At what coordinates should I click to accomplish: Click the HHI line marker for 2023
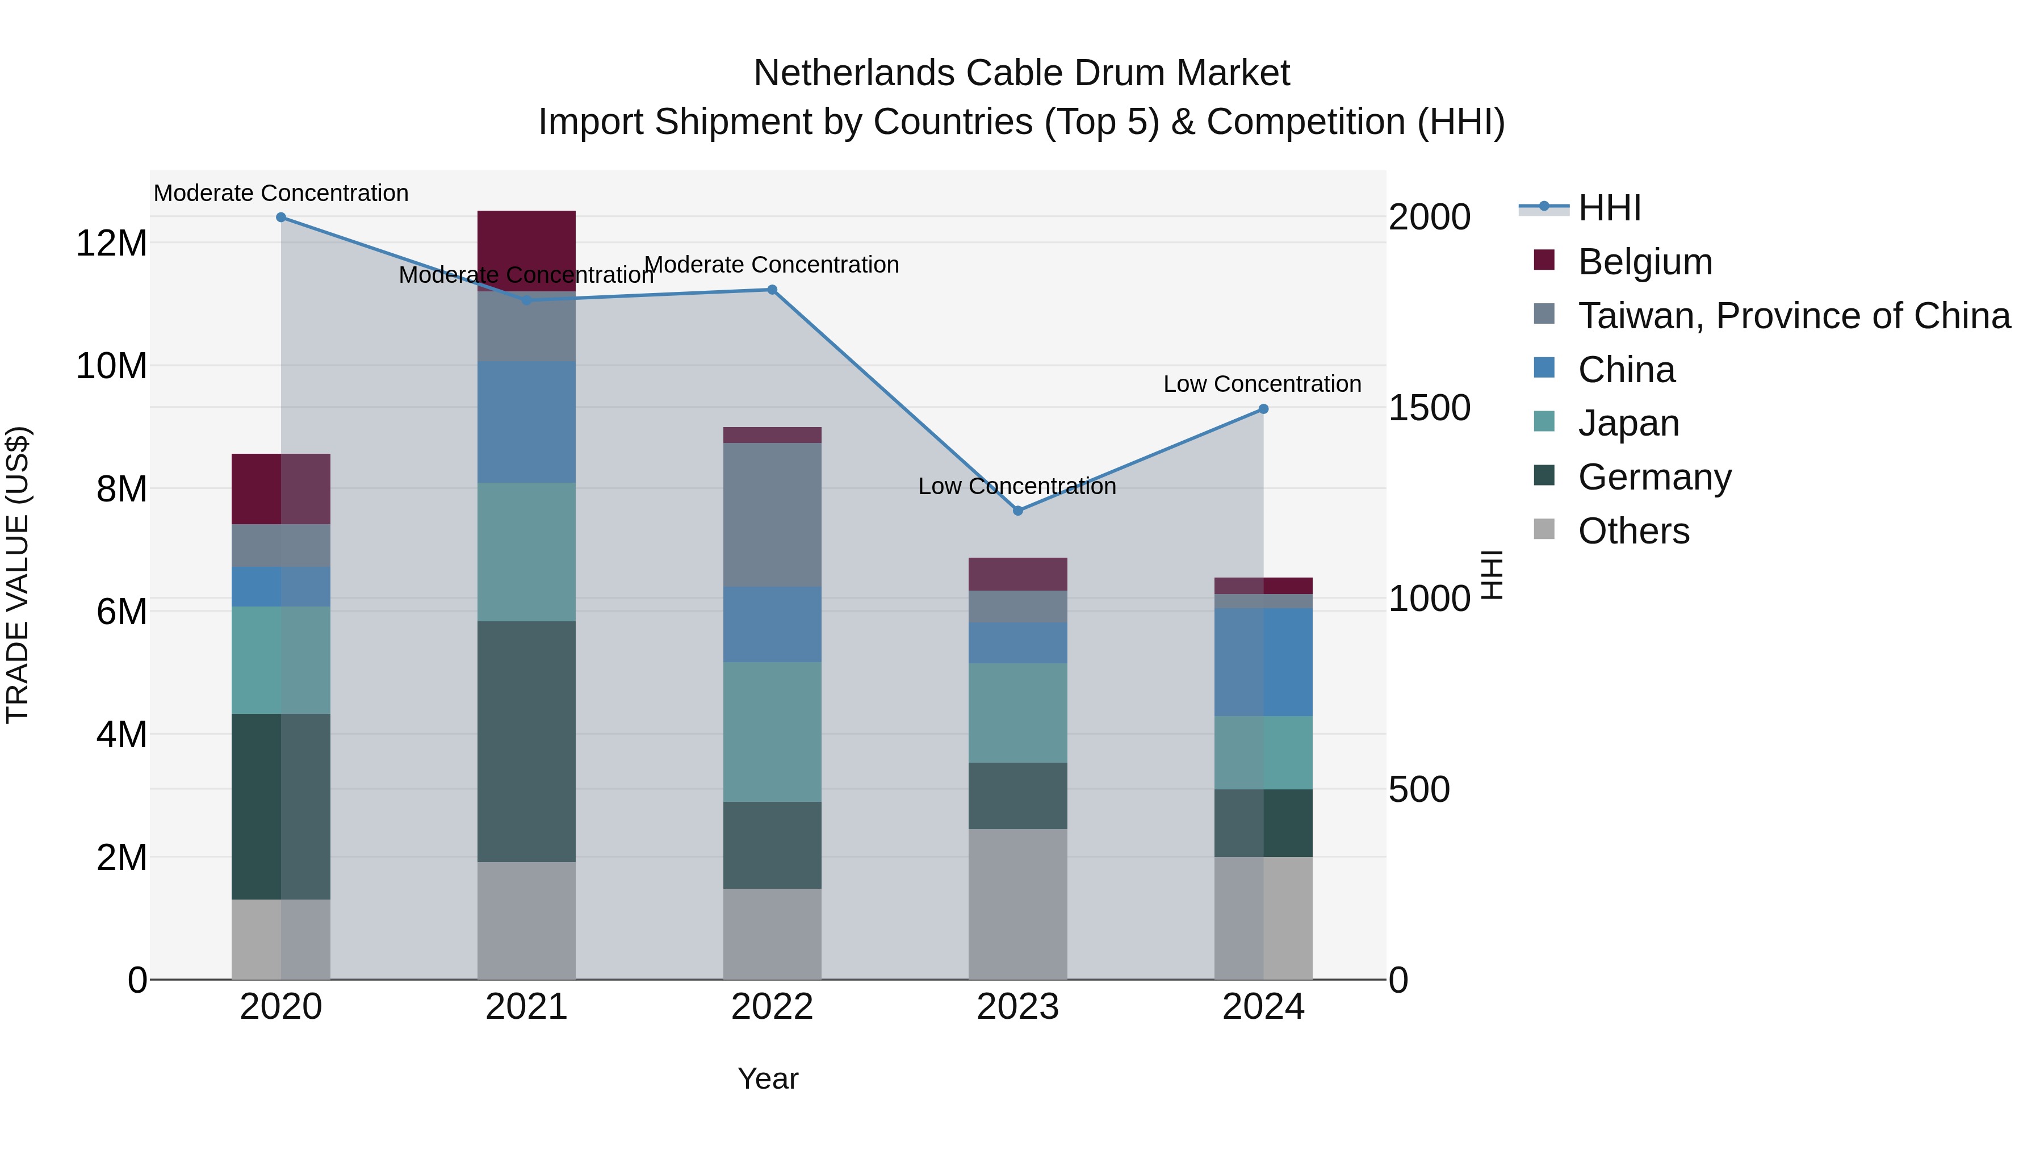[x=1018, y=511]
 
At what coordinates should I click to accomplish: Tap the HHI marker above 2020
[x=281, y=218]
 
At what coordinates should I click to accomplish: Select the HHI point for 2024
[x=1263, y=409]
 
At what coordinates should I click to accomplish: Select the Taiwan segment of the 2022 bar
[x=772, y=515]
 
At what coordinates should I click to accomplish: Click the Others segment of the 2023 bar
[x=1018, y=904]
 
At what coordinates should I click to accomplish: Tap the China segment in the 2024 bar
[x=1263, y=662]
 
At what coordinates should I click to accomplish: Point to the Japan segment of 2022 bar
[x=772, y=732]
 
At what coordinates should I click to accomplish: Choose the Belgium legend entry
[x=1645, y=262]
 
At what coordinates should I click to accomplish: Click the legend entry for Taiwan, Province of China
[x=1793, y=316]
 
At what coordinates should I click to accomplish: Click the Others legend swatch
[x=1544, y=529]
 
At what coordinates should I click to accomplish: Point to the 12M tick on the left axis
[x=111, y=243]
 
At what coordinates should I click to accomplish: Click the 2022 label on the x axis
[x=772, y=1007]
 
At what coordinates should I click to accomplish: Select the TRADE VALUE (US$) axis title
[x=18, y=575]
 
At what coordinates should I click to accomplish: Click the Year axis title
[x=767, y=1078]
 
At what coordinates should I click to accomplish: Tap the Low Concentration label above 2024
[x=1262, y=384]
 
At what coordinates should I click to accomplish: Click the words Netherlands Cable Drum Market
[x=1021, y=73]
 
